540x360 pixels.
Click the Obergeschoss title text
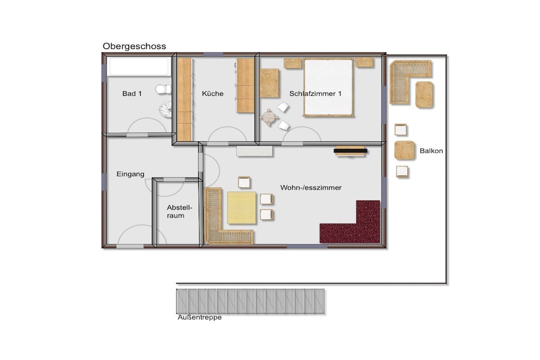(x=134, y=46)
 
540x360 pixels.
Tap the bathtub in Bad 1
(x=139, y=66)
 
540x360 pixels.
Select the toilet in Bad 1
(x=163, y=90)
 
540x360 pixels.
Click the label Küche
(x=213, y=94)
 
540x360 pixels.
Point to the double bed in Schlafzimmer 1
(x=329, y=88)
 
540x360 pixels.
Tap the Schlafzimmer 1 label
(x=315, y=94)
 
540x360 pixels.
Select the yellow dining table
(x=242, y=208)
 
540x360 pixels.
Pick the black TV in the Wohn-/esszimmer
(x=351, y=150)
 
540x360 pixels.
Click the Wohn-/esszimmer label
(x=311, y=188)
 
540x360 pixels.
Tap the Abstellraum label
(x=179, y=212)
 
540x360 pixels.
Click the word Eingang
(x=130, y=174)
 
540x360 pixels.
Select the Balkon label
(x=431, y=151)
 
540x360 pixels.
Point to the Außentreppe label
(x=199, y=317)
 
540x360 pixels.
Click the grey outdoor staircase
(x=250, y=301)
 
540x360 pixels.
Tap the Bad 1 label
(x=132, y=94)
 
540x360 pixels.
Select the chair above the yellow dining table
(x=244, y=182)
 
